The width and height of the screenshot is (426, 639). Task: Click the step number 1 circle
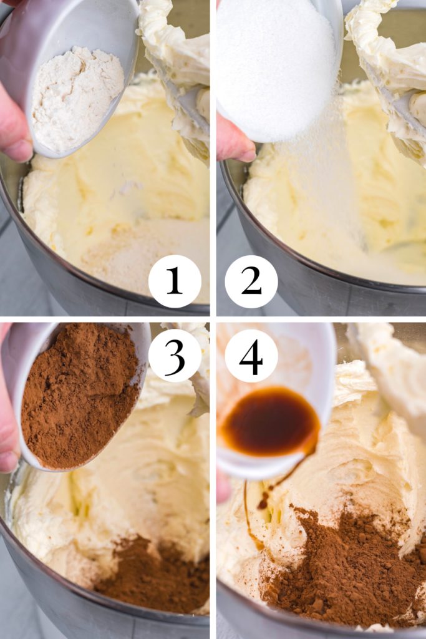[x=175, y=281]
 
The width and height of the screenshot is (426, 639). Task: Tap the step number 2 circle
[x=251, y=281]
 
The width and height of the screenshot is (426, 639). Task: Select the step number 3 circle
[x=175, y=356]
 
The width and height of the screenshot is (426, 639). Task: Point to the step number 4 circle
[x=251, y=356]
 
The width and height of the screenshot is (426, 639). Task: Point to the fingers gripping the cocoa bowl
[x=9, y=424]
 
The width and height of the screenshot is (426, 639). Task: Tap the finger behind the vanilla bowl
[x=223, y=485]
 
